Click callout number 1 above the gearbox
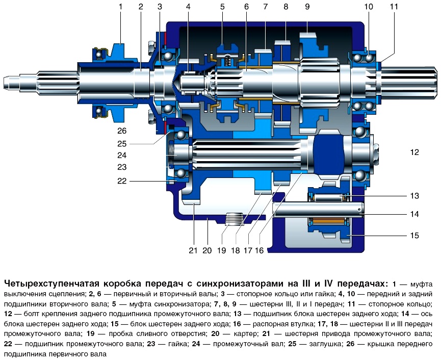click(x=121, y=7)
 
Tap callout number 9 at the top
click(x=307, y=7)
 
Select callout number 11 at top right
click(x=394, y=7)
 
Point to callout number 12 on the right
click(x=414, y=152)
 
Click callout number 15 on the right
click(x=414, y=235)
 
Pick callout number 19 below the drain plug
click(x=222, y=250)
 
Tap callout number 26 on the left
click(x=122, y=131)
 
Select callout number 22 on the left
click(x=122, y=181)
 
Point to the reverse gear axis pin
click(x=318, y=210)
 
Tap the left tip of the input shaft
click(x=4, y=81)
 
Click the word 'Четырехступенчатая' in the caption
click(x=53, y=284)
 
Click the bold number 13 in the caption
click(x=238, y=314)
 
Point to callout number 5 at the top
click(x=222, y=7)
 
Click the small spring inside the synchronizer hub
click(x=228, y=60)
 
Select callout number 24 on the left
click(x=122, y=155)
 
